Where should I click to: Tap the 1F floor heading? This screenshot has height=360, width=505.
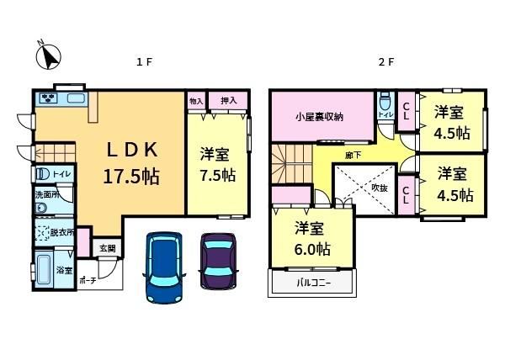(144, 61)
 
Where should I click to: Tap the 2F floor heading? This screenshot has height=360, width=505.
(385, 61)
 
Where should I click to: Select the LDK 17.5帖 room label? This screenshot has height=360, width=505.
(132, 163)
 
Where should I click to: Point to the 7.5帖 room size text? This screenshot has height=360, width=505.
(218, 175)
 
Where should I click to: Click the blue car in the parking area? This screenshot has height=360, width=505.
(164, 267)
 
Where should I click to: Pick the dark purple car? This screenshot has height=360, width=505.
(219, 262)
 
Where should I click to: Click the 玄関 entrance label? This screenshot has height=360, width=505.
(107, 248)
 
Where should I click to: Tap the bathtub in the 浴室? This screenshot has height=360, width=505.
(44, 270)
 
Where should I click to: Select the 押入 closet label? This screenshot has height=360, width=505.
(229, 101)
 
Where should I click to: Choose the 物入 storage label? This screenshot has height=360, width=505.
(196, 101)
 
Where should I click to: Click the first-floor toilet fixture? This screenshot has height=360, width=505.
(42, 174)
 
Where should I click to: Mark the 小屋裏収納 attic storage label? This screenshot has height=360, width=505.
(319, 117)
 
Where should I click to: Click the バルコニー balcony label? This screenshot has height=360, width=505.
(313, 283)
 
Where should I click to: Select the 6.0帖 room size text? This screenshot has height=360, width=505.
(312, 249)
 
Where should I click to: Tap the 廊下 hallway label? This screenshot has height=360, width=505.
(353, 156)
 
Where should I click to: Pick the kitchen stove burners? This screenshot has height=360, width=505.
(49, 98)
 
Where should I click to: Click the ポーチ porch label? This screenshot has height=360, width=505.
(88, 281)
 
